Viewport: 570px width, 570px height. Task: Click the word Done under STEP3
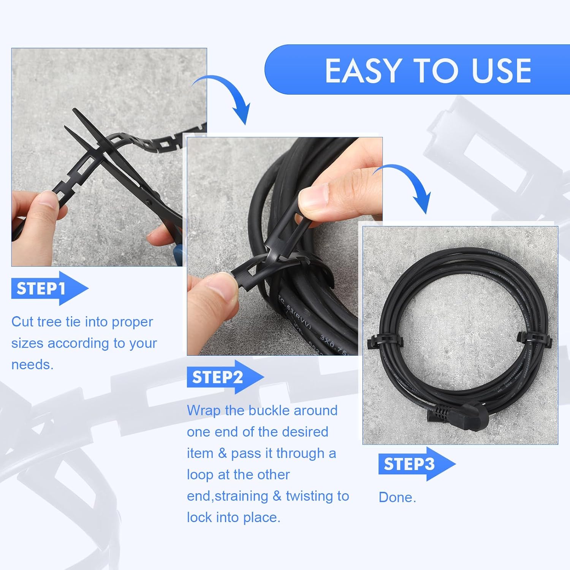click(x=397, y=497)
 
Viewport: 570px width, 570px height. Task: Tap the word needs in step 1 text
click(x=32, y=365)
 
